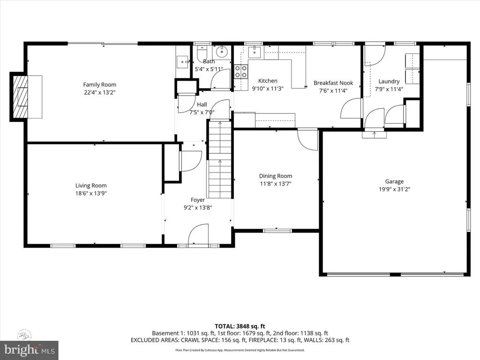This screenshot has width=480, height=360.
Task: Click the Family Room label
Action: pos(99,85)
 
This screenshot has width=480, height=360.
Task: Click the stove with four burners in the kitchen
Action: pos(241,71)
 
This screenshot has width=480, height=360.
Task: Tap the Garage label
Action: pos(394,181)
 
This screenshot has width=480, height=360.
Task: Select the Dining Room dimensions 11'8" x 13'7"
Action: pos(276,184)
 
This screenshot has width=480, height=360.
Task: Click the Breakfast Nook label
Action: pos(333,83)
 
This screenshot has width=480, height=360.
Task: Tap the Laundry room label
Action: pos(389,81)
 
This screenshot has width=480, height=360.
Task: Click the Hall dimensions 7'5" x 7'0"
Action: pos(202,112)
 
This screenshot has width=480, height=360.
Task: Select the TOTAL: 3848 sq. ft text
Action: pos(240,326)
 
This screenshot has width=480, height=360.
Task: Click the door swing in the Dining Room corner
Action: pos(307,139)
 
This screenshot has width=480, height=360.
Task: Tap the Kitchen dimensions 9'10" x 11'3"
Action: pos(268,88)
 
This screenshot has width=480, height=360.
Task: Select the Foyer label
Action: pos(197,200)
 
